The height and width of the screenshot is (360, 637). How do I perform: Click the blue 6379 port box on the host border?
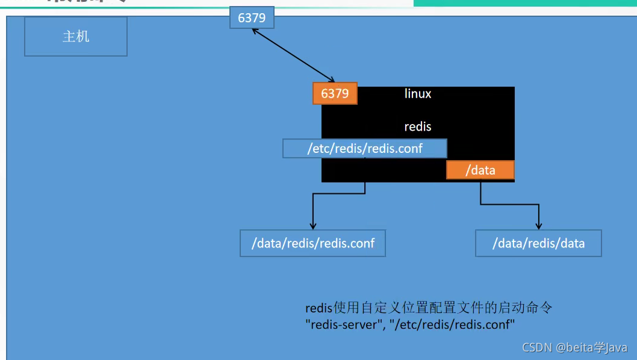[252, 18]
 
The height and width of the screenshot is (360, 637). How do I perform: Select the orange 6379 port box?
[335, 94]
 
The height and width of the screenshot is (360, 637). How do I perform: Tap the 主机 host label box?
[76, 37]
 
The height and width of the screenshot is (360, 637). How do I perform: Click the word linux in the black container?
[418, 94]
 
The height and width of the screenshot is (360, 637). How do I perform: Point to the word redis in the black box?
[418, 127]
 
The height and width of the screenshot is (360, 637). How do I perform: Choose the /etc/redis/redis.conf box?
[365, 149]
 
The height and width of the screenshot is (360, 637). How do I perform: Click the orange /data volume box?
[480, 170]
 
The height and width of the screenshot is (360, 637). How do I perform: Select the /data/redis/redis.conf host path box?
[312, 243]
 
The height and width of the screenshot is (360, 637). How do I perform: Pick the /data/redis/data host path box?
[538, 243]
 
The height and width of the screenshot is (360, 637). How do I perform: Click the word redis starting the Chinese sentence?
[318, 308]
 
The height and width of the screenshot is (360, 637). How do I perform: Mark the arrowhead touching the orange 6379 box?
[331, 79]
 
